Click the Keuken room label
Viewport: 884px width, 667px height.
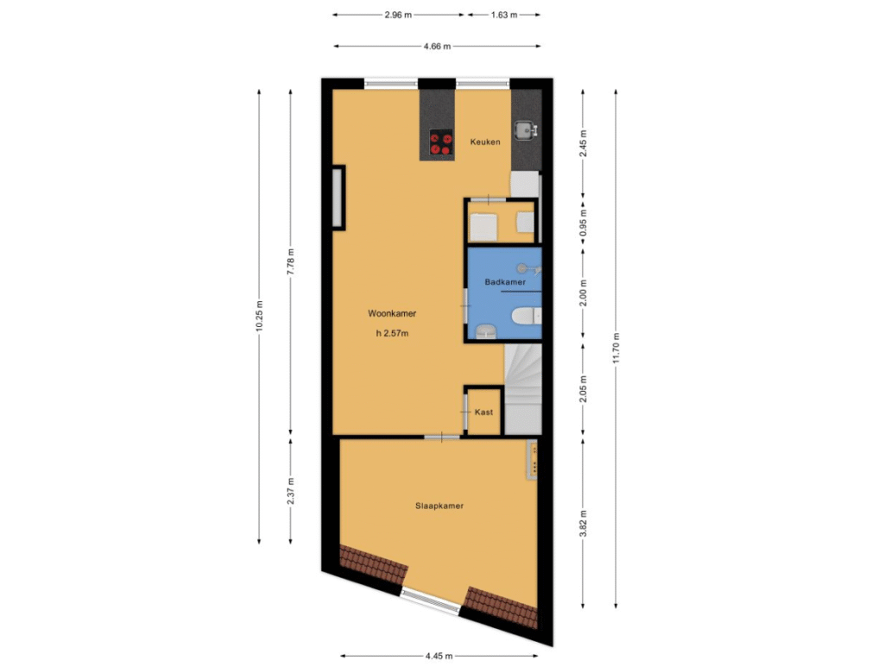point(485,142)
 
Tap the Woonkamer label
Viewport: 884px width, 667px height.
point(392,313)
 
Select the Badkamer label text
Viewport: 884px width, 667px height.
point(505,281)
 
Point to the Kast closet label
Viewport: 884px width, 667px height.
point(483,412)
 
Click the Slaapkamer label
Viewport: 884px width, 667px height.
point(439,506)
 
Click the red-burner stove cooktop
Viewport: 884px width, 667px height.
point(441,142)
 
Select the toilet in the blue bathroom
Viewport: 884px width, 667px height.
point(527,316)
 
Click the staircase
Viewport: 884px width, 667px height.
point(522,389)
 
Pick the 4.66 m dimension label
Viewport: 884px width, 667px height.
point(437,47)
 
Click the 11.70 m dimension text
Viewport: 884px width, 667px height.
point(616,349)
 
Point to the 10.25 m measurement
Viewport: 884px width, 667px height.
point(259,317)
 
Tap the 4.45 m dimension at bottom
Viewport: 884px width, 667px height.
point(439,656)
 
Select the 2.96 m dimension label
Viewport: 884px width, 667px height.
point(398,16)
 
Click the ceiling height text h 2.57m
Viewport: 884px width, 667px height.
point(392,333)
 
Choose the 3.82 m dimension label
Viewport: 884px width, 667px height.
point(584,524)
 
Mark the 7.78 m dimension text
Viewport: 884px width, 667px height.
point(290,261)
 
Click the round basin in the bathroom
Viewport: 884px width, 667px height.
point(484,332)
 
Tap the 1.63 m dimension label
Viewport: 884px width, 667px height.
point(503,16)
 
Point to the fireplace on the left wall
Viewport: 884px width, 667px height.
point(338,198)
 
